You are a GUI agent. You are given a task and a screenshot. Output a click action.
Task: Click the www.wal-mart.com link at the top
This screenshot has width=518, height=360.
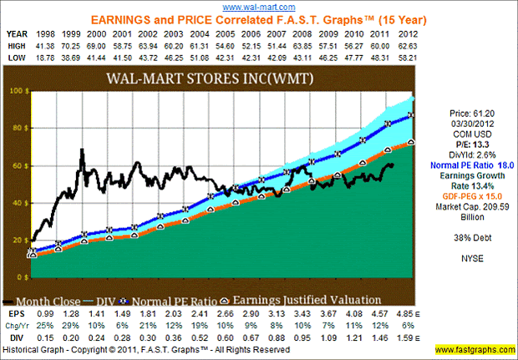258,6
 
